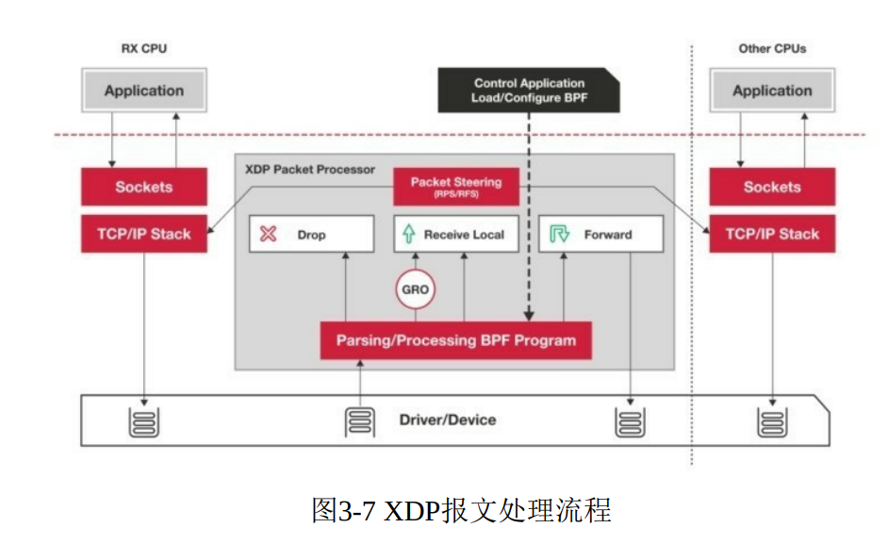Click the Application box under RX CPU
(x=143, y=91)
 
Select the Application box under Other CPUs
(x=771, y=91)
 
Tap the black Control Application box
(x=529, y=91)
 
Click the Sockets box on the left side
(x=143, y=187)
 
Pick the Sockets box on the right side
(x=771, y=187)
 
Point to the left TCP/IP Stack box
(x=143, y=234)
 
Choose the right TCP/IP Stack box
(x=771, y=234)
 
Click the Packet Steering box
(x=455, y=186)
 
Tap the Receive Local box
(x=455, y=235)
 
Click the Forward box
(x=600, y=235)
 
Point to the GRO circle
(x=415, y=289)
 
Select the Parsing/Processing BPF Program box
(x=455, y=340)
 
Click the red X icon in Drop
(x=269, y=235)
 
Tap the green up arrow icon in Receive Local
(x=409, y=235)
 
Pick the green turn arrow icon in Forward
(x=559, y=235)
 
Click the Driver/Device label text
(x=447, y=420)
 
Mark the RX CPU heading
(x=143, y=48)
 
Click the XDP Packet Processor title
(x=309, y=170)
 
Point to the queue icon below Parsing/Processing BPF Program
(x=359, y=420)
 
